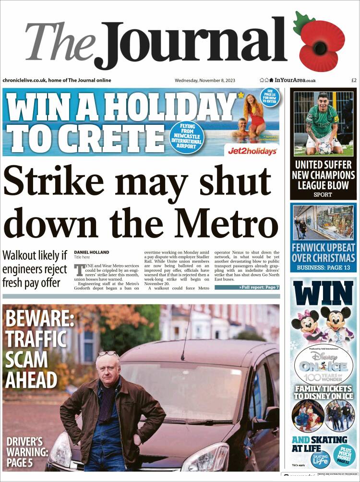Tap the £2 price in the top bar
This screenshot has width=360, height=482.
pos(354,80)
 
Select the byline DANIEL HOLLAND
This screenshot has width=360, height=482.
pos(91,253)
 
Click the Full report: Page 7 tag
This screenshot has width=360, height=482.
pos(247,287)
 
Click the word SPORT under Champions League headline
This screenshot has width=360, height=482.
pos(323,195)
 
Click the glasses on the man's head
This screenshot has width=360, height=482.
pos(108,354)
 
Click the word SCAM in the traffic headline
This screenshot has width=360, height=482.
pos(26,359)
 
